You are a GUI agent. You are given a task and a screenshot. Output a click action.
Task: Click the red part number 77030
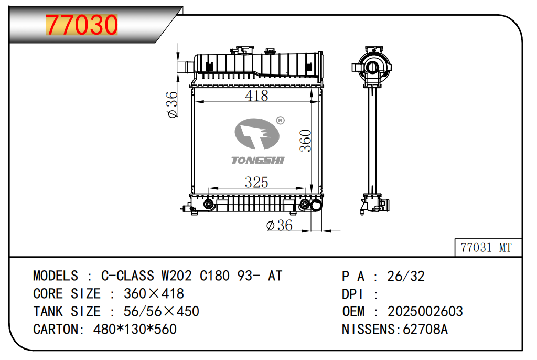click(x=82, y=25)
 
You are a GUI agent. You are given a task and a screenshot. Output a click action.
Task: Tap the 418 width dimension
click(x=256, y=96)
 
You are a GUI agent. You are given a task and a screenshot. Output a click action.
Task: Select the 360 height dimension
click(x=306, y=141)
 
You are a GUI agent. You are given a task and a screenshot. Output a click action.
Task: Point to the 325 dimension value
click(x=256, y=182)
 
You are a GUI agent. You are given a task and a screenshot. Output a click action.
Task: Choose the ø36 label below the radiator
click(x=280, y=225)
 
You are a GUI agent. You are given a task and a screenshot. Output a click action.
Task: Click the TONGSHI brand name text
click(x=257, y=160)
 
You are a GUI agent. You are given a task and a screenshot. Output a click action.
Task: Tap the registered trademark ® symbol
click(x=281, y=120)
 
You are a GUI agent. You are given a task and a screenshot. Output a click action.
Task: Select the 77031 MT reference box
click(x=488, y=247)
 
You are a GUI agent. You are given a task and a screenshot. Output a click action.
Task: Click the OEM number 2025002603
click(x=425, y=311)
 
